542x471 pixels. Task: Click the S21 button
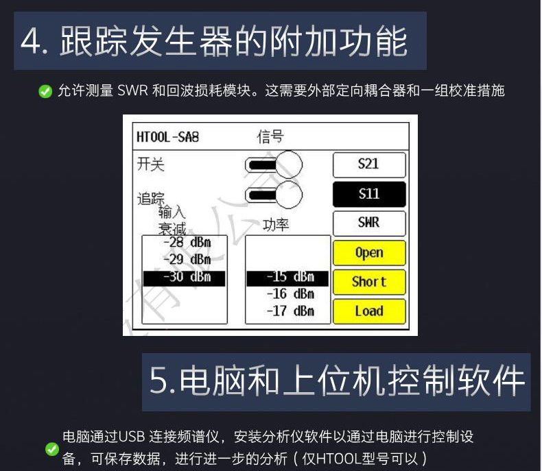368,165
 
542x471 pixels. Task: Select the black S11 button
368,194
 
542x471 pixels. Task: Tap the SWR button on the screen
368,223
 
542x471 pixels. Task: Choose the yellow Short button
368,282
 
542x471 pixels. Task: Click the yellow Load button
368,311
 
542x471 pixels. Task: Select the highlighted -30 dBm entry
184,278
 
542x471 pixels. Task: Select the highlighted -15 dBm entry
287,278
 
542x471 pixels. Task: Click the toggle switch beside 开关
274,165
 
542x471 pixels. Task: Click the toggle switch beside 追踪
274,195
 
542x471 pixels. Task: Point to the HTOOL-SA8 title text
167,136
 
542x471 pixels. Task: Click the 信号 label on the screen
270,136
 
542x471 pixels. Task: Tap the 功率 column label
276,226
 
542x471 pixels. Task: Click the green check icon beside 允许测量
45,91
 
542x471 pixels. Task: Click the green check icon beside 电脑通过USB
51,449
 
